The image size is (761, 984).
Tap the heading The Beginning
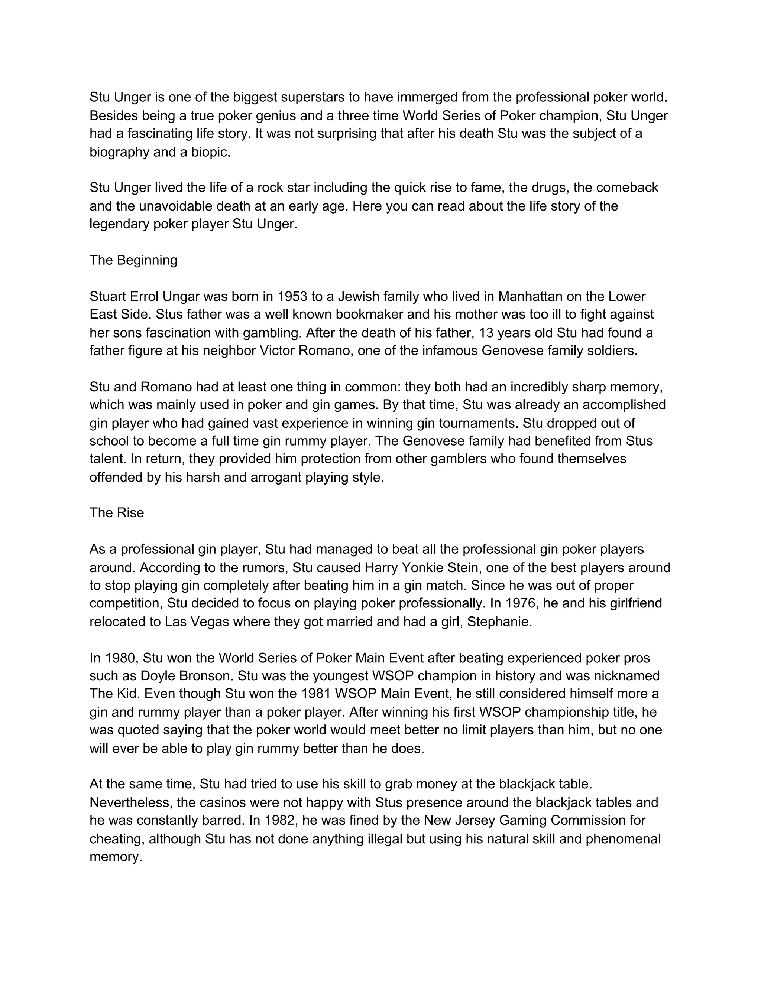pyautogui.click(x=133, y=260)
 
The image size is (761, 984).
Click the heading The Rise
pyautogui.click(x=117, y=513)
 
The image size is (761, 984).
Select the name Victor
pyautogui.click(x=277, y=351)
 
